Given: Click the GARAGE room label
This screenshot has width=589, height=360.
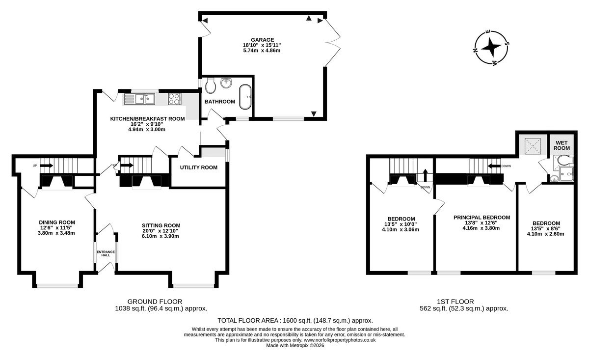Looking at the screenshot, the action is (x=262, y=40).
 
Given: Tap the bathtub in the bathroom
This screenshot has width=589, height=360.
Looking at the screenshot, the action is (x=245, y=97).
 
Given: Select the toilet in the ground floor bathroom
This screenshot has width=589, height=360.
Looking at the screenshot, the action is (x=211, y=85).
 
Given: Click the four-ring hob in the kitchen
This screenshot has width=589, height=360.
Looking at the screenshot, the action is (x=174, y=99).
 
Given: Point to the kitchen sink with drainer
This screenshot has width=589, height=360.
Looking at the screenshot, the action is (x=139, y=99).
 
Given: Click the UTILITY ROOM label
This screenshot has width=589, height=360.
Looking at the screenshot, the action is (x=198, y=167).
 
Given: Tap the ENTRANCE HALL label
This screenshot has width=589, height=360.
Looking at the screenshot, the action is (x=106, y=253).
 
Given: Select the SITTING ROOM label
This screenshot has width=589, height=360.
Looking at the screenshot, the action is (x=161, y=225).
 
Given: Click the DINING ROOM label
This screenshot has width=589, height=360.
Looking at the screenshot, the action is (x=57, y=222).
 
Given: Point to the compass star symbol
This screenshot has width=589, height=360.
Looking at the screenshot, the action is (x=491, y=48).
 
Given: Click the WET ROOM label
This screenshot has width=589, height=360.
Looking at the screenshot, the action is (x=562, y=145).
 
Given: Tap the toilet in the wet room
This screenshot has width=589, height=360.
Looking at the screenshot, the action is (x=563, y=160).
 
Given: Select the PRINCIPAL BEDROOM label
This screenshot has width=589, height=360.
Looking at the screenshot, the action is (x=482, y=218).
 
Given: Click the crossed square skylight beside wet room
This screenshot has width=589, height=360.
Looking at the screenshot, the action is (x=533, y=145).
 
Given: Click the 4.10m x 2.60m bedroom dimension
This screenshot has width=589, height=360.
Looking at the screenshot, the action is (x=546, y=234).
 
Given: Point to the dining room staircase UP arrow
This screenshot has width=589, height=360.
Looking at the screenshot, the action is (x=47, y=166).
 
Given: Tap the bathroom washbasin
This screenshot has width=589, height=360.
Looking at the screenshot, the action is (x=226, y=83).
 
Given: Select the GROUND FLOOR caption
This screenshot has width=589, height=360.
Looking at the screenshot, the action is (x=155, y=302).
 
